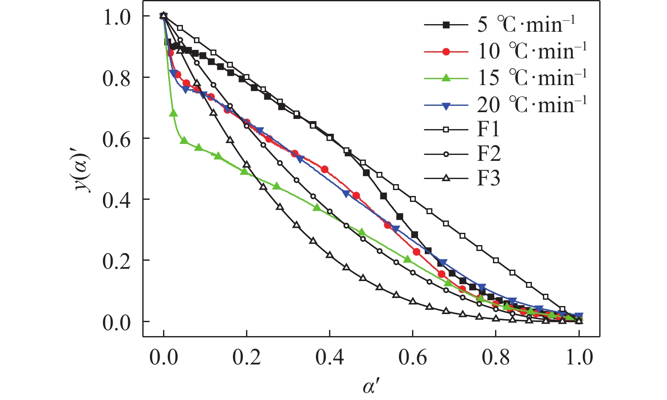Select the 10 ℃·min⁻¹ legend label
tap(532, 52)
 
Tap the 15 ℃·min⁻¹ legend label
tap(532, 78)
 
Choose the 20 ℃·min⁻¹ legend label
tap(532, 105)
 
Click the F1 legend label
tap(488, 129)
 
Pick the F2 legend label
tap(489, 154)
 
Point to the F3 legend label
tap(489, 178)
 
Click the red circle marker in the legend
tap(446, 52)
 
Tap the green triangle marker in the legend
tap(446, 78)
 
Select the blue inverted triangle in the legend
tap(446, 105)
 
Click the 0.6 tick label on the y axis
tap(116, 139)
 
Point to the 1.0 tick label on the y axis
tap(116, 17)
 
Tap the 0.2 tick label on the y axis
tap(116, 261)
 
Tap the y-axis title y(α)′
tap(83, 170)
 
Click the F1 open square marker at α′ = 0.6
tap(413, 199)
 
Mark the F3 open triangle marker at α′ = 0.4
tap(329, 255)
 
